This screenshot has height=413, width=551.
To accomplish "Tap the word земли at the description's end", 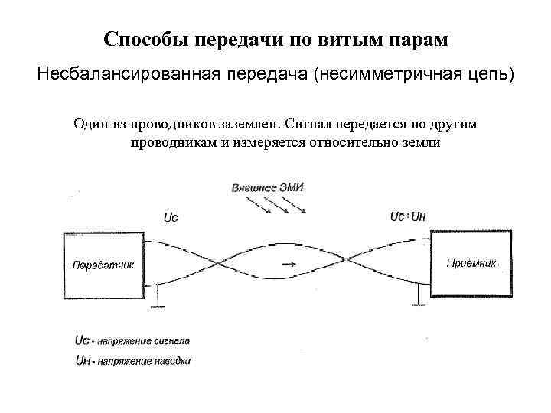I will [x=420, y=143].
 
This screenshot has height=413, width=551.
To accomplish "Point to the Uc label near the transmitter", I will [x=171, y=218].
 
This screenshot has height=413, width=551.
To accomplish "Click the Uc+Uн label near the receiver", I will [x=408, y=216].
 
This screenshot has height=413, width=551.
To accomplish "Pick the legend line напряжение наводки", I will [x=132, y=359].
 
